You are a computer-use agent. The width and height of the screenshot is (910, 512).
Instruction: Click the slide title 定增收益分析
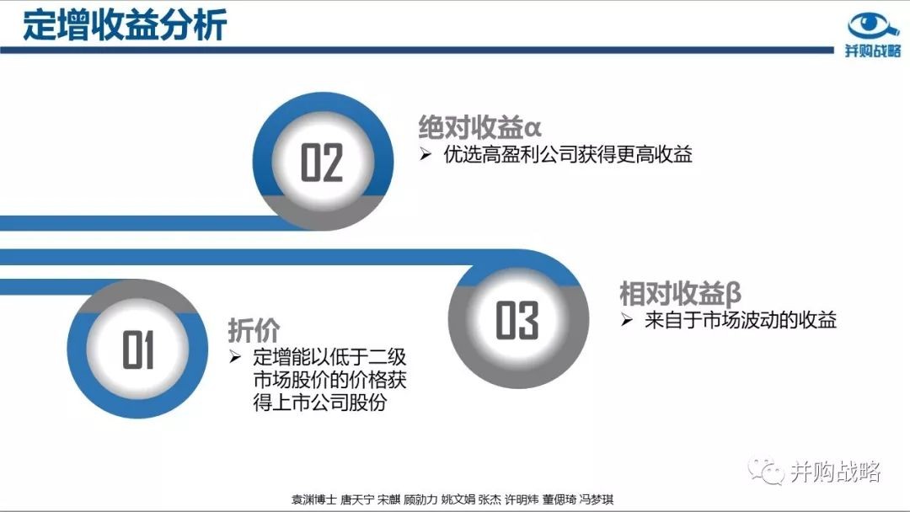(x=124, y=25)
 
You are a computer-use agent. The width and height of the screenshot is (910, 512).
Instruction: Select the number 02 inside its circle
(x=322, y=163)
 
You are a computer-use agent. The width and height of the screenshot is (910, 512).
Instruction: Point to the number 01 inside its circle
(x=138, y=349)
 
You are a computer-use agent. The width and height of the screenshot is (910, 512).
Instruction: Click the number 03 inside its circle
(x=517, y=320)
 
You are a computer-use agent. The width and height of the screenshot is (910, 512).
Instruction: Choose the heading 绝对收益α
(x=480, y=127)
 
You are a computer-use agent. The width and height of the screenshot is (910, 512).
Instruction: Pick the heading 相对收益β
(x=681, y=293)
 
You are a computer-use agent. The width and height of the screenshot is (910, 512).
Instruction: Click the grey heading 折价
(x=254, y=331)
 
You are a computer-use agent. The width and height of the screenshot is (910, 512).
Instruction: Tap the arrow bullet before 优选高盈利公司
(x=426, y=154)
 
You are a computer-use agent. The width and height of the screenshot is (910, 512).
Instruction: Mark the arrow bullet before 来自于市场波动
(x=626, y=320)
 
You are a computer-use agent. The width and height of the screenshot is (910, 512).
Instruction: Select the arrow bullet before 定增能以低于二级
(x=235, y=356)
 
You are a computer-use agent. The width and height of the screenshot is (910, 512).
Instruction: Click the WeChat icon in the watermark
(x=766, y=471)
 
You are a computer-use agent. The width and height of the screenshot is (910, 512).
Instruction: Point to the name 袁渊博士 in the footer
(x=313, y=499)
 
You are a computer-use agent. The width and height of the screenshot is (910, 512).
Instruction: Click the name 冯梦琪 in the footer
(x=596, y=499)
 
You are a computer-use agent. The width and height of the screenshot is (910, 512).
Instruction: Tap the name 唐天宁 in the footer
(x=356, y=499)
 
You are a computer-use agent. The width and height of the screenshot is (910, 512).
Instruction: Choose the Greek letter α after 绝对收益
(x=533, y=128)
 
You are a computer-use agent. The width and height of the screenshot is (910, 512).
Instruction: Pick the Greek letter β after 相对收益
(x=733, y=293)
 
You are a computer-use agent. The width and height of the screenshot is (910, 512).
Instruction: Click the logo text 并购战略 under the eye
(x=873, y=51)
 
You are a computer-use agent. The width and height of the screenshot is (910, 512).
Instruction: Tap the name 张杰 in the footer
(x=490, y=499)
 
